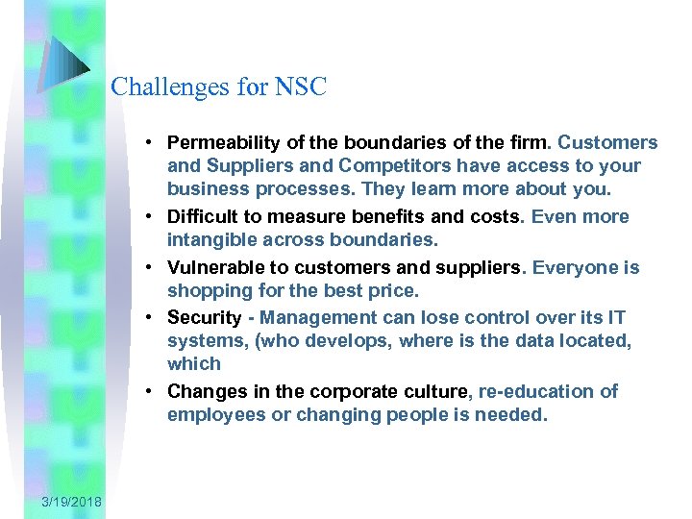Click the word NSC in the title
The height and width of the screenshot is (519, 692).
pyautogui.click(x=301, y=87)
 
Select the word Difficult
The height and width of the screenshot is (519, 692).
pyautogui.click(x=203, y=216)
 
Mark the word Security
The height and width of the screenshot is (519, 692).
pyautogui.click(x=203, y=317)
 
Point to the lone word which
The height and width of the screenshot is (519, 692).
pyautogui.click(x=193, y=363)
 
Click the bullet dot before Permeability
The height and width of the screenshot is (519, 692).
pyautogui.click(x=152, y=143)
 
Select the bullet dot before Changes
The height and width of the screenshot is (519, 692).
pyautogui.click(x=152, y=392)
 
